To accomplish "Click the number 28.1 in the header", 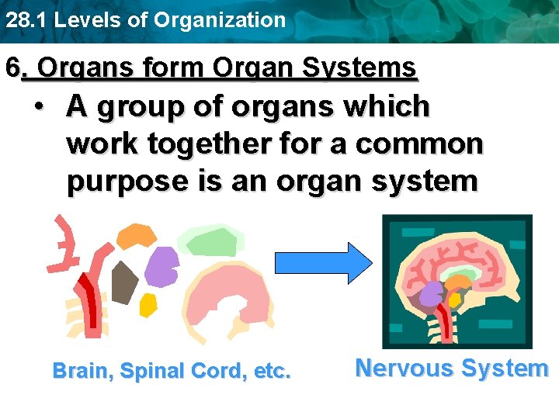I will tap(20, 20).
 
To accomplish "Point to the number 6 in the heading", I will tap(12, 68).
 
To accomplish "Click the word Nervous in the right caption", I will tap(401, 368).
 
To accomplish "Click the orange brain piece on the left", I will tap(137, 236).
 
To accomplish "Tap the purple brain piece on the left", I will tap(161, 267).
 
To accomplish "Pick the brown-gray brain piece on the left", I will tap(123, 282).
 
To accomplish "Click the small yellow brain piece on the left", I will tap(148, 305).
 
